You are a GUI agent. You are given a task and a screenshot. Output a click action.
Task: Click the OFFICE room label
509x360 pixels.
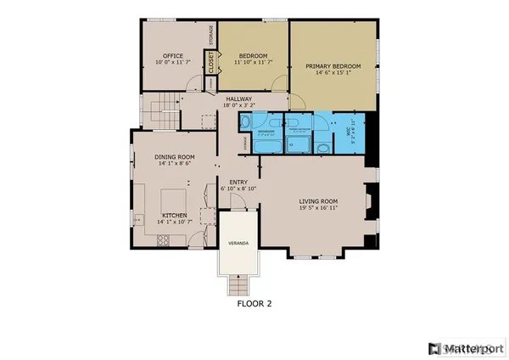173,56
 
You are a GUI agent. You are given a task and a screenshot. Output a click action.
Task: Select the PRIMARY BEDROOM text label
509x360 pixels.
334,66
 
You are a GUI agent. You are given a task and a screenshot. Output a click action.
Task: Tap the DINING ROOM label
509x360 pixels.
174,157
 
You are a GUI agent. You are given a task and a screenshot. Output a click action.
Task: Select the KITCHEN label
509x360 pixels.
174,216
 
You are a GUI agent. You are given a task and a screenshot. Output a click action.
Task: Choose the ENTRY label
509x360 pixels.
238,181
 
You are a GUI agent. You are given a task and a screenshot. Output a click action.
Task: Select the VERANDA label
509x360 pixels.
238,244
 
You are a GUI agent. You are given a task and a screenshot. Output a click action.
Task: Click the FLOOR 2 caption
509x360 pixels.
254,301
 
